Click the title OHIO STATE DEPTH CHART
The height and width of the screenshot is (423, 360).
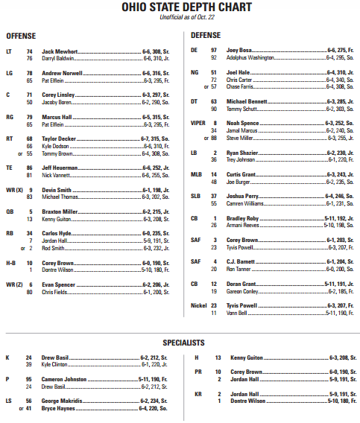point(180,8)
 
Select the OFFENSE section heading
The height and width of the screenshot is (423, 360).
point(22,36)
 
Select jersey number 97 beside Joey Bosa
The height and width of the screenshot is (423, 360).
point(215,49)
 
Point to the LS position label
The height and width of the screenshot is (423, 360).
point(8,401)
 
